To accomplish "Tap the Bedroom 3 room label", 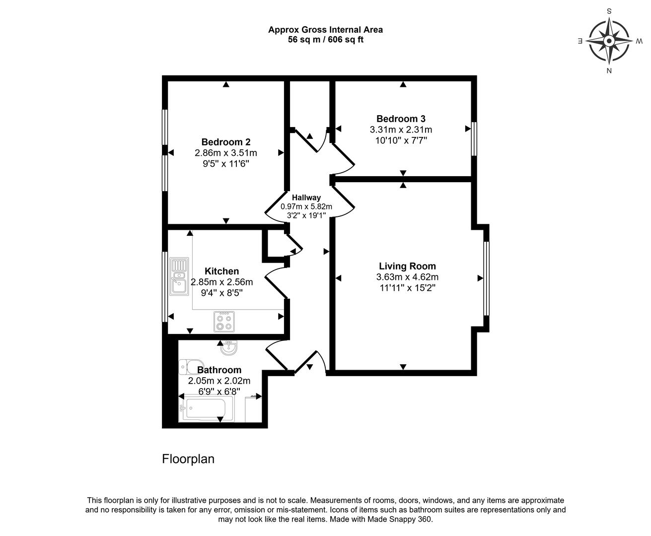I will tap(401, 119).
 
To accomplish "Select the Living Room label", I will tap(407, 267).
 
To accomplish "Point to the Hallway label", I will tap(306, 198).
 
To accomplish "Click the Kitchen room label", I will tap(221, 271).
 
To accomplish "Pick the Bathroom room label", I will tap(219, 370).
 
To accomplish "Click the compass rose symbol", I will tap(609, 41).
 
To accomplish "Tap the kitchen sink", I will tap(178, 276).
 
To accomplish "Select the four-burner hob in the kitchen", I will tap(224, 321).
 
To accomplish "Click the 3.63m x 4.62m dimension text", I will tap(407, 277).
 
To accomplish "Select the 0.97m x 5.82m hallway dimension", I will tap(306, 206).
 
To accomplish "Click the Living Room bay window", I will tap(486, 278).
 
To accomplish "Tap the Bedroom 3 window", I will tap(474, 138).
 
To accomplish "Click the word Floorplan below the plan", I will tap(188, 459).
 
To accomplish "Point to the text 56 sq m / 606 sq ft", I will tap(325, 40).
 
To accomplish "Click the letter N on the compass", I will tap(609, 70).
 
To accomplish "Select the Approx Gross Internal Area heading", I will tap(325, 30).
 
